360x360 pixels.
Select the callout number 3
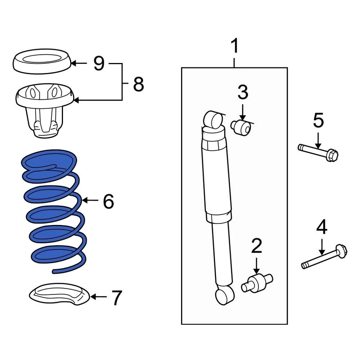point(243,93)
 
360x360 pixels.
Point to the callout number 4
point(321,228)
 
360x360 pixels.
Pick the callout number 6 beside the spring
point(108,202)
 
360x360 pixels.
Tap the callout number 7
point(117,298)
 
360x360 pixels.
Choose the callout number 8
point(138,85)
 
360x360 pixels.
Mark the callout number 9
point(99,64)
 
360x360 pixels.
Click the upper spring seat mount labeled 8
point(44,109)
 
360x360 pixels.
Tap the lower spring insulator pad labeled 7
point(59,293)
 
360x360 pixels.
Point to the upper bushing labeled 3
point(241,128)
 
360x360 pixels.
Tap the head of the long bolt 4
point(341,250)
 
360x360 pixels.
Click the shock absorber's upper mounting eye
point(212,120)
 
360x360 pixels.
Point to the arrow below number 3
point(243,112)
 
